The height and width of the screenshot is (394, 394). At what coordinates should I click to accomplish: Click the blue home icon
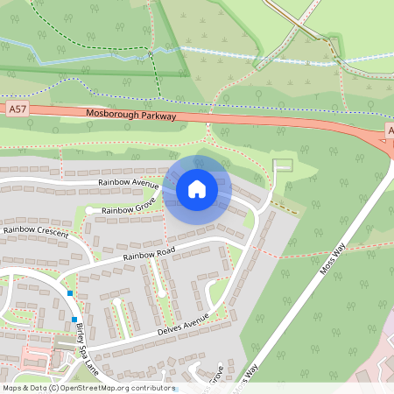coord(197,188)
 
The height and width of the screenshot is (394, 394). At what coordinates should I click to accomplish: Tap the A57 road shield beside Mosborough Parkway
coord(17,109)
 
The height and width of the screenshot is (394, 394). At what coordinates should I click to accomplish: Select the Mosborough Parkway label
coord(131,116)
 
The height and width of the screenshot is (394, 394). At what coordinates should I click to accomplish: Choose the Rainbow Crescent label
coord(36,230)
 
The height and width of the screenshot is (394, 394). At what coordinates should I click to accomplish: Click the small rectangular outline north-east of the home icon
coord(282,165)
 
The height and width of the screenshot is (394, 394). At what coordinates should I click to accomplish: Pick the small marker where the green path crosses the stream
coord(151,54)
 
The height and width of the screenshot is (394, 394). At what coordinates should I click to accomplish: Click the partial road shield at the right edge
coord(390,131)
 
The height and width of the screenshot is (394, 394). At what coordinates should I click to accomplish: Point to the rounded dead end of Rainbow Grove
coord(89,210)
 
